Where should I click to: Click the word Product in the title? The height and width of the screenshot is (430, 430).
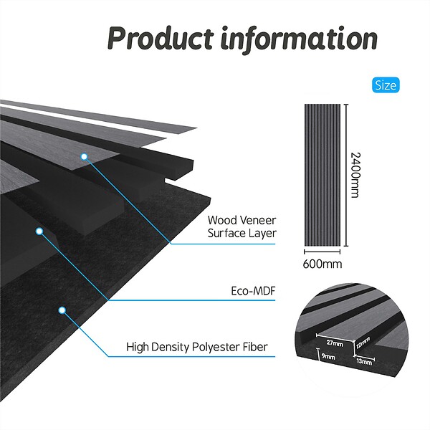161,38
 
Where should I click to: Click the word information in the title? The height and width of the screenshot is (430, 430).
300,39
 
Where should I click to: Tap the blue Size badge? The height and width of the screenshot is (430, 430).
386,85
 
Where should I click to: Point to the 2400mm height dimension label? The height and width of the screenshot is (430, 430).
355,175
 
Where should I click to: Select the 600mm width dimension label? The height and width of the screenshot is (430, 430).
322,264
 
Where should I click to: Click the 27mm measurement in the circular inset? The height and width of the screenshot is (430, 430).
335,343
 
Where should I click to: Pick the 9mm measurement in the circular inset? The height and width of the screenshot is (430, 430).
328,356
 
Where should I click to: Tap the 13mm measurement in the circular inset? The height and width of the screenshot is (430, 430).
364,362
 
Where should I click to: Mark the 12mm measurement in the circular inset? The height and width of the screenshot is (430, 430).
363,343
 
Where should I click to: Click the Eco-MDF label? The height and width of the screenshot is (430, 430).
253,291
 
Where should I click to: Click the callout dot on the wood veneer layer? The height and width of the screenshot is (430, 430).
84,156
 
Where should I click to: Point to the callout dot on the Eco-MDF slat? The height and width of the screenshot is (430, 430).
39,231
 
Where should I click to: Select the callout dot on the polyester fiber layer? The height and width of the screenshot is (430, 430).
62,310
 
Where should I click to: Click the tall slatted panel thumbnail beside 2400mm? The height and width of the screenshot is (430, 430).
322,175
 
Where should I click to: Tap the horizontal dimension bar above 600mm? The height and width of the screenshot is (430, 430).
322,252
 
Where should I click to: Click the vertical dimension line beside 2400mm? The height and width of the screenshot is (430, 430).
346,175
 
